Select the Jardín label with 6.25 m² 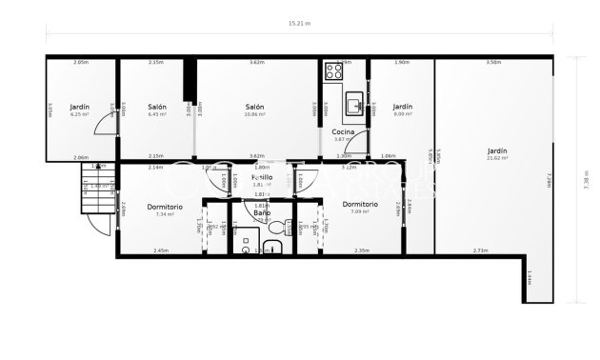[x=80, y=107]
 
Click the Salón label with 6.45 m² [x=157, y=107]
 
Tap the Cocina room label [x=343, y=131]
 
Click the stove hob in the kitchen [x=334, y=71]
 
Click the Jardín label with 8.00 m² [x=403, y=107]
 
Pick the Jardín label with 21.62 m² [x=497, y=150]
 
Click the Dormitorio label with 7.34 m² [x=165, y=206]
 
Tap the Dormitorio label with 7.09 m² [x=360, y=204]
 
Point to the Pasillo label [x=262, y=177]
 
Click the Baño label [x=262, y=212]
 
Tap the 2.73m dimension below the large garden [x=480, y=250]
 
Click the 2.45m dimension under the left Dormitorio [x=160, y=250]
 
